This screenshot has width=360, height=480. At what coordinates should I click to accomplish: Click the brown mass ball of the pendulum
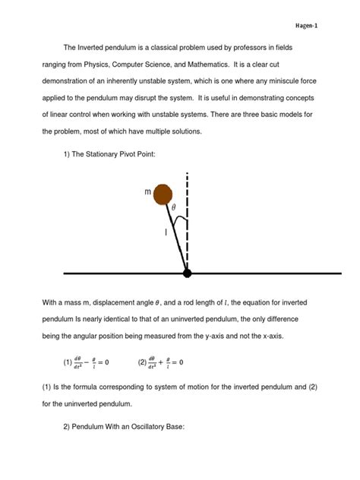tap(163, 195)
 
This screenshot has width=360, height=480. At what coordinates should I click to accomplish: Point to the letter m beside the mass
tap(148, 192)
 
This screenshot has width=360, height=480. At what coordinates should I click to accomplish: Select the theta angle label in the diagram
tap(173, 207)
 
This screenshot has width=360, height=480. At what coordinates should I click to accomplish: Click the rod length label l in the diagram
tap(166, 233)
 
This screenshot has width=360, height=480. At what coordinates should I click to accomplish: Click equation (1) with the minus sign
tap(92, 362)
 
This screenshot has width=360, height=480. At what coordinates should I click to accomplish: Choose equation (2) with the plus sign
tap(161, 362)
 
